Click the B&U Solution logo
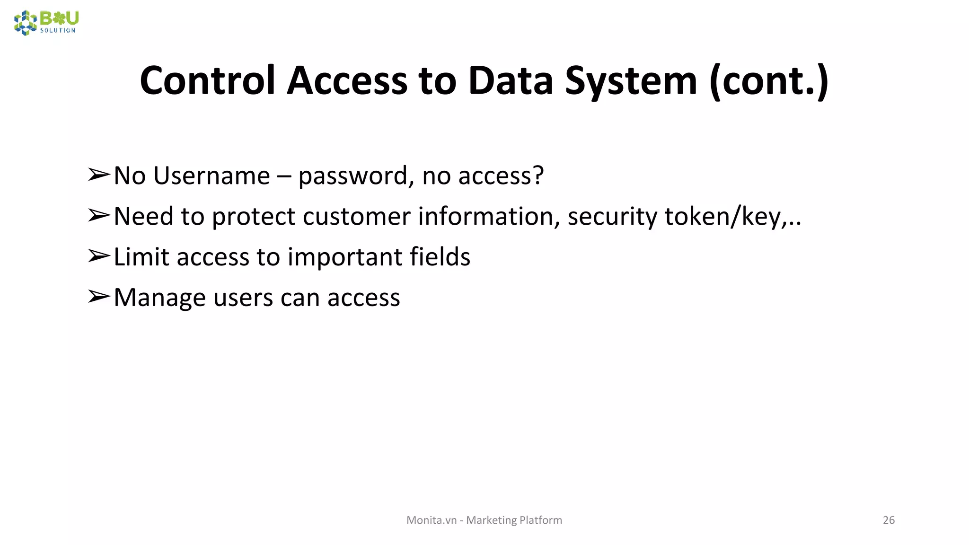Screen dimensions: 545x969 point(46,23)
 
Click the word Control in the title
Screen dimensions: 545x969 point(207,80)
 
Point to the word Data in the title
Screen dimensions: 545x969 point(511,80)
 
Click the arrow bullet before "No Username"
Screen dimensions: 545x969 point(99,175)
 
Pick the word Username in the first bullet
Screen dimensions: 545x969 point(211,176)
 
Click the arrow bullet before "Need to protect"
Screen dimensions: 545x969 point(99,216)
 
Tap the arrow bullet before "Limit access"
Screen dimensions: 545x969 point(99,256)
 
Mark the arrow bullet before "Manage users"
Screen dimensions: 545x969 point(99,297)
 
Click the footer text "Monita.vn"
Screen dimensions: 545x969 point(432,520)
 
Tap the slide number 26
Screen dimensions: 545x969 point(889,520)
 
